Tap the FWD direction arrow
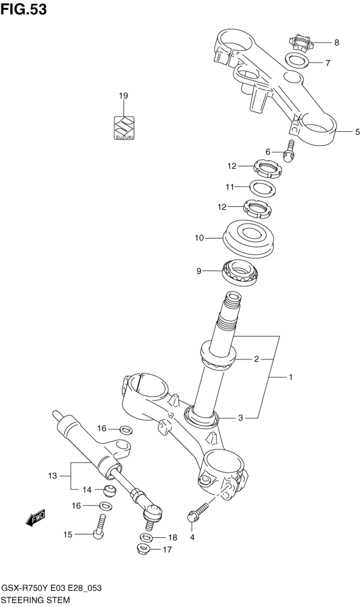pyautogui.click(x=35, y=518)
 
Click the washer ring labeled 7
pyautogui.click(x=297, y=60)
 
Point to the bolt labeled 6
pyautogui.click(x=289, y=152)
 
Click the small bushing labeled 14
pyautogui.click(x=109, y=490)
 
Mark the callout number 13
pyautogui.click(x=53, y=476)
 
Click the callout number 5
pyautogui.click(x=357, y=132)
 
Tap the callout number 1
pyautogui.click(x=290, y=377)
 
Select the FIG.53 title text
pyautogui.click(x=23, y=9)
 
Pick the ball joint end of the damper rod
pyautogui.click(x=154, y=511)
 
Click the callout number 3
pyautogui.click(x=240, y=418)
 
